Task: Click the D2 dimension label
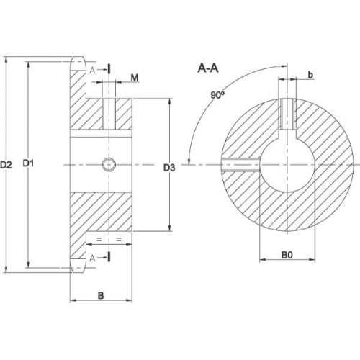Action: (x=6, y=165)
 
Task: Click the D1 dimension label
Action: (x=28, y=163)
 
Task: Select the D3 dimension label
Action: (x=169, y=168)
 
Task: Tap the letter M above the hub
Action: (x=135, y=78)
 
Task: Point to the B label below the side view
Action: (x=101, y=295)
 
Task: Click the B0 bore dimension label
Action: (x=287, y=255)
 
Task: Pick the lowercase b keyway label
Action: (x=310, y=75)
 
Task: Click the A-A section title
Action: (x=208, y=68)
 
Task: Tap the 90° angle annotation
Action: (x=217, y=95)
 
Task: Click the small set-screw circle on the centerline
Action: (x=109, y=165)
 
